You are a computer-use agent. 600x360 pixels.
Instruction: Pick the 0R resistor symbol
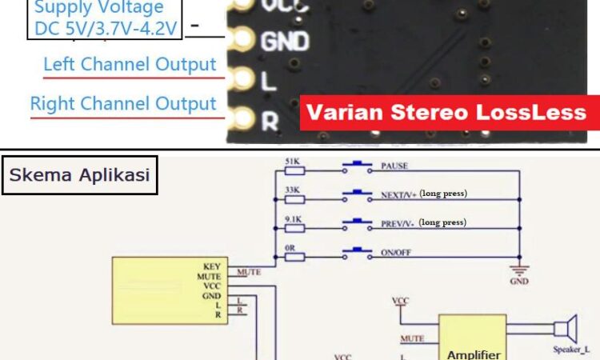point(293,254)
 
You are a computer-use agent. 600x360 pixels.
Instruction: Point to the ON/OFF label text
point(398,252)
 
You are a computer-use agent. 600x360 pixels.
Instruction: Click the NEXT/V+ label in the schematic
point(398,194)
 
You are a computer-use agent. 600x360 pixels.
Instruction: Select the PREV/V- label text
point(398,222)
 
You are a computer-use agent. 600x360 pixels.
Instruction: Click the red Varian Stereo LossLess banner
point(450,112)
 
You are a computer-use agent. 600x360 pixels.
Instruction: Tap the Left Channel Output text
point(130,65)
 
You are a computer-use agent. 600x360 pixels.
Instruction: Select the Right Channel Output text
point(123,104)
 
